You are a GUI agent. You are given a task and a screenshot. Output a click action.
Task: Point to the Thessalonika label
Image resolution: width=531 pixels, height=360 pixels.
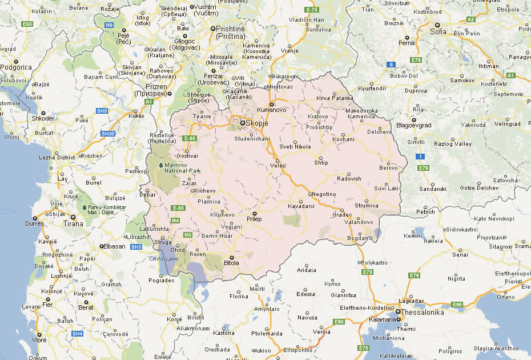click(423, 312)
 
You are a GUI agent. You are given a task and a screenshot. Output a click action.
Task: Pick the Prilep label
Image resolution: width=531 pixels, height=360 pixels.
click(254, 219)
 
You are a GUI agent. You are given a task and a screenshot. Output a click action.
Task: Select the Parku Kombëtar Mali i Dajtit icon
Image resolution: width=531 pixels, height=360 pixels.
click(85, 207)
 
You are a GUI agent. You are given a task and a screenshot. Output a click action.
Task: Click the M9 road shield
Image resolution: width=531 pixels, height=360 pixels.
click(109, 25)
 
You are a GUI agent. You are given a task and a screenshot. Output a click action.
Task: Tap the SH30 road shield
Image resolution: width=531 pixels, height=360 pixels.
click(108, 133)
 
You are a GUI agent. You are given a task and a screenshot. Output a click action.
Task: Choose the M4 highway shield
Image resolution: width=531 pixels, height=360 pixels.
click(175, 220)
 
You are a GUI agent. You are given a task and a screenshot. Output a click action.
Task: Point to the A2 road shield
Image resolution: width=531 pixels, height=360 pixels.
click(471, 19)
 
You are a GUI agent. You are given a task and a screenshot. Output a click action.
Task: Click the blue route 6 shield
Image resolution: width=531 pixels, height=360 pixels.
click(391, 64)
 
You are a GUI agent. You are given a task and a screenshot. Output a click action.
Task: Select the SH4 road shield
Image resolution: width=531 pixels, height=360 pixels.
click(78, 333)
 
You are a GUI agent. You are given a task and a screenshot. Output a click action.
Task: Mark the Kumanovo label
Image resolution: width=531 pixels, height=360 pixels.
click(271, 109)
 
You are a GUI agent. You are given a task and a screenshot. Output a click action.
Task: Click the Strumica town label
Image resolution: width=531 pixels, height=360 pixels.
click(367, 206)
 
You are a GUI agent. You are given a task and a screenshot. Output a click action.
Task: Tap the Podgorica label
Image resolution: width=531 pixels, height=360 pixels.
click(16, 67)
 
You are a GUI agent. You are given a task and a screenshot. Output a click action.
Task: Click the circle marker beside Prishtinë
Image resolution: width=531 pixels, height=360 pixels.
click(213, 28)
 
